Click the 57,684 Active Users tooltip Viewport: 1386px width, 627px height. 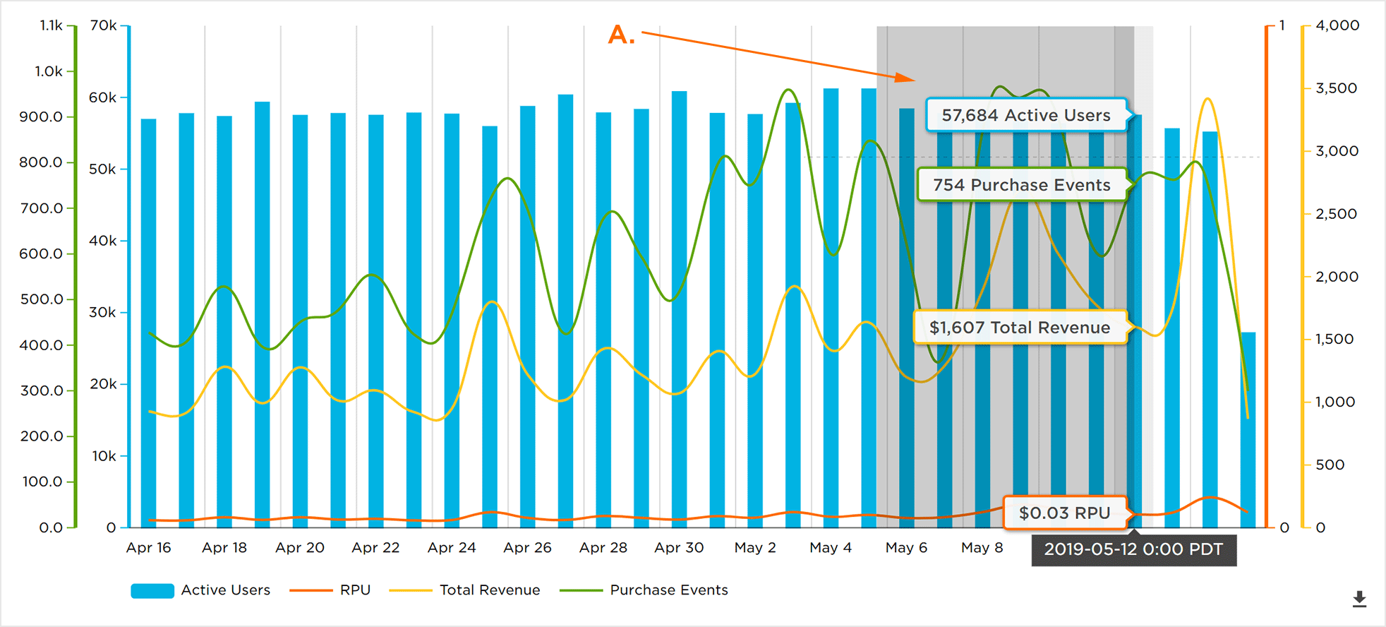tap(1026, 115)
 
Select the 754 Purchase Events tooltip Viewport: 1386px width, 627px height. tap(1021, 185)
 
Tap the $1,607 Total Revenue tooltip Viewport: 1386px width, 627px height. tap(1020, 328)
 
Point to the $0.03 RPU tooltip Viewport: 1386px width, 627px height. tap(1064, 513)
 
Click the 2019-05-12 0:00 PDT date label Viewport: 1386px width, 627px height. tap(1133, 550)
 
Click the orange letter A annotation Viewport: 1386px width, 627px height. tap(621, 35)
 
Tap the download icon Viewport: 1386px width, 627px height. tap(1359, 599)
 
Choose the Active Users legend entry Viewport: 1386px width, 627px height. tap(201, 590)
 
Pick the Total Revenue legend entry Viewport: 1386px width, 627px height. tap(465, 590)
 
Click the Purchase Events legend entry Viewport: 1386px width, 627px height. tap(644, 590)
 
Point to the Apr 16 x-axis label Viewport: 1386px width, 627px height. tap(148, 548)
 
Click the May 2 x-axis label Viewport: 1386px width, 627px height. tap(755, 548)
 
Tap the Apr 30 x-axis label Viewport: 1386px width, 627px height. tap(679, 548)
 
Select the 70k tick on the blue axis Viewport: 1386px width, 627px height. tap(104, 25)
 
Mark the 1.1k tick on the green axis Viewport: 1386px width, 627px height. tap(52, 25)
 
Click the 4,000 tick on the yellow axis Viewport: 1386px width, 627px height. tap(1337, 25)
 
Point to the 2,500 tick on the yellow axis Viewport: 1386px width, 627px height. tap(1336, 214)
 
